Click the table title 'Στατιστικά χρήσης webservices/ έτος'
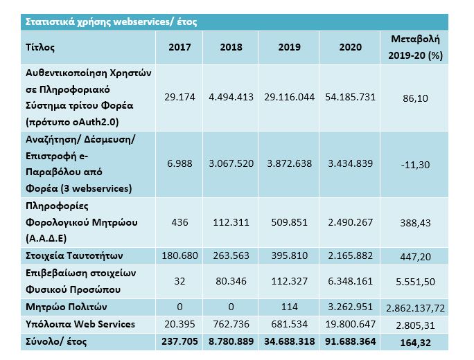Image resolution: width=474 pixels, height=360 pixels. coord(111,21)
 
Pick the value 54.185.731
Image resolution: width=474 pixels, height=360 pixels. coord(349,98)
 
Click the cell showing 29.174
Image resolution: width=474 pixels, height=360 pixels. coord(179,98)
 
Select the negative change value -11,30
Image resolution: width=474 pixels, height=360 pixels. coord(415,164)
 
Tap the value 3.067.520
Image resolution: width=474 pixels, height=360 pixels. coord(231,164)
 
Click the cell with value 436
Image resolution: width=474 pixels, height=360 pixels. coord(179,222)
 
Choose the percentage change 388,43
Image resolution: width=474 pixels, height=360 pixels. coord(415,222)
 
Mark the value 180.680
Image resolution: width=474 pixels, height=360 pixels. coord(179,255)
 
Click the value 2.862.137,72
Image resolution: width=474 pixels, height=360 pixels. coord(415,306)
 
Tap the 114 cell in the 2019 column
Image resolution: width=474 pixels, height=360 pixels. coord(290,306)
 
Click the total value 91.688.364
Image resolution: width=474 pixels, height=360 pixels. coord(349,340)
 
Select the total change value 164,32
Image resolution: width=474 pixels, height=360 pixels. coord(415,340)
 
